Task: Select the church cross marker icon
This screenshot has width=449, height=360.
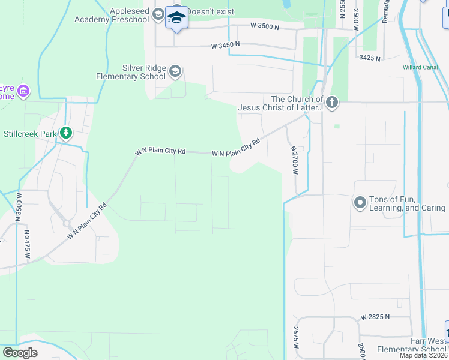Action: pos(331,103)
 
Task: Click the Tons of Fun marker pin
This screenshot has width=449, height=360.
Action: pos(360,203)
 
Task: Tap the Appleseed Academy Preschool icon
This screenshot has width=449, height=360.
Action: pos(158,14)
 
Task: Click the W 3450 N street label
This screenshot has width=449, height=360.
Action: pos(225,45)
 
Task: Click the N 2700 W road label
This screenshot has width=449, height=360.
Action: pos(294,160)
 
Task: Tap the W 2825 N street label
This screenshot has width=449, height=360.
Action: pos(375,316)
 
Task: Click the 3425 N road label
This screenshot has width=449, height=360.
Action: pos(370,58)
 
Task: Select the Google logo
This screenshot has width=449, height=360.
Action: pos(20,353)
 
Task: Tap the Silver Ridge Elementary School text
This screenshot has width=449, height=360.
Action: pos(131,72)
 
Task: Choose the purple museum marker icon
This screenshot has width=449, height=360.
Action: pos(23,91)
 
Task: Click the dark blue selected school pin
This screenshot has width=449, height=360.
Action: pos(176,18)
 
